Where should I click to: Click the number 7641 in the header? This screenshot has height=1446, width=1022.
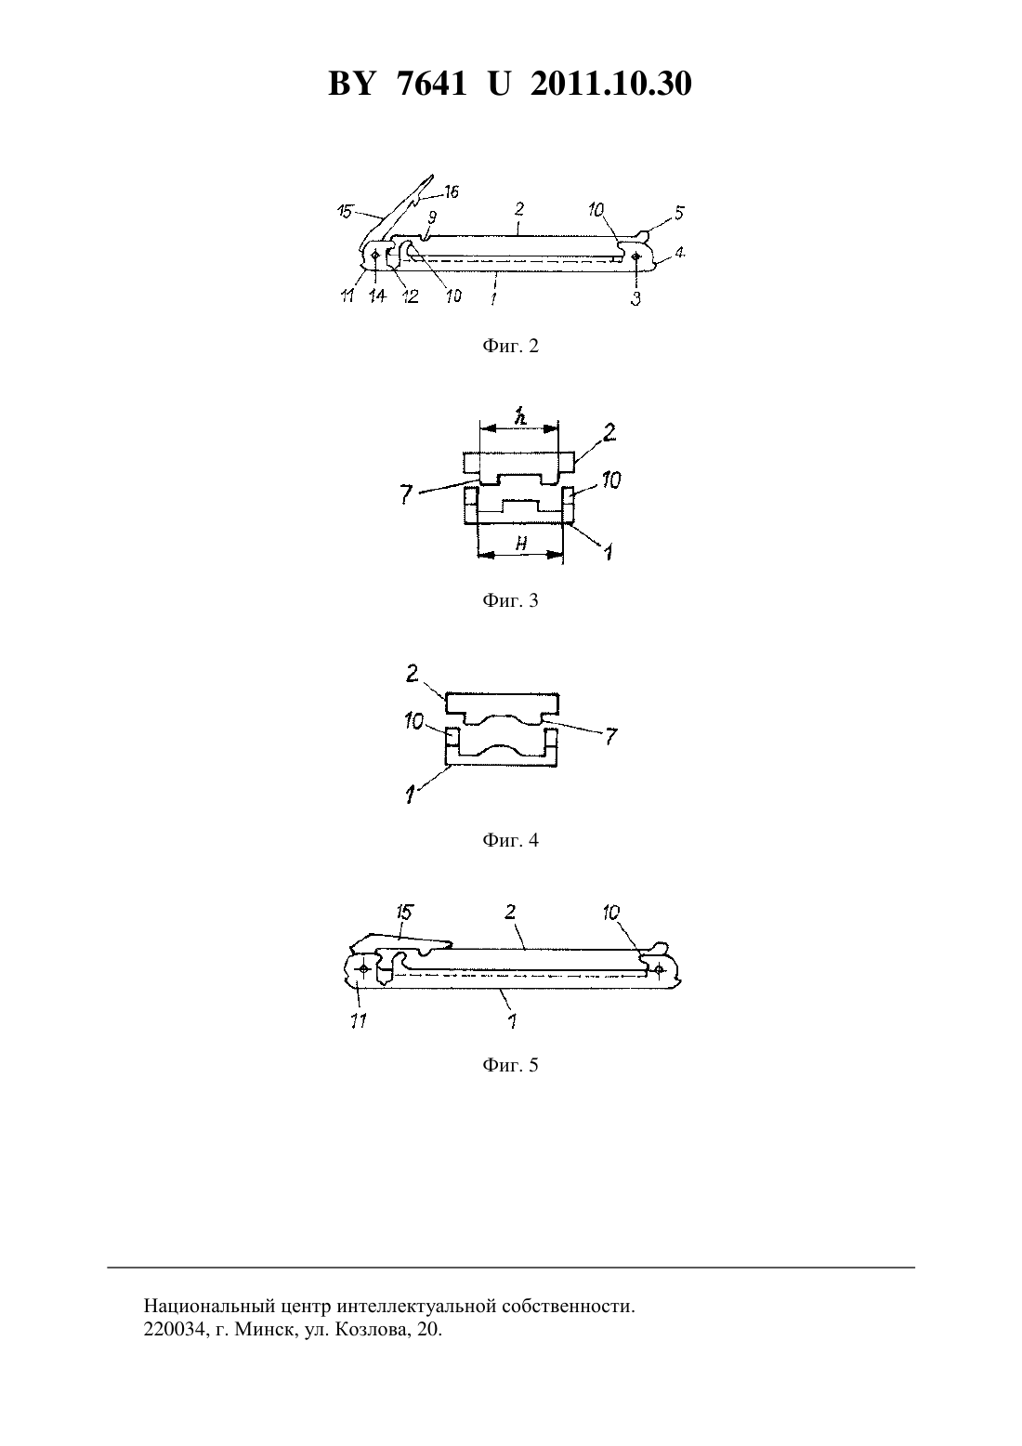(x=432, y=84)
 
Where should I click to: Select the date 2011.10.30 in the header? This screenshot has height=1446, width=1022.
(x=611, y=84)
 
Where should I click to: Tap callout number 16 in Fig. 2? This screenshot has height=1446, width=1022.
(x=451, y=191)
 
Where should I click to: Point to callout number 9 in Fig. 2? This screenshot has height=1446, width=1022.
(x=432, y=217)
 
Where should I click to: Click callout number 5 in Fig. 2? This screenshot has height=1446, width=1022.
(x=679, y=213)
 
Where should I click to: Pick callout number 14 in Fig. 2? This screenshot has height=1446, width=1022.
(x=377, y=296)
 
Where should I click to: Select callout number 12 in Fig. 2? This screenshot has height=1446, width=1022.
(x=411, y=296)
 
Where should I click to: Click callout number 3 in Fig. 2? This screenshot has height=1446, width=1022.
(x=635, y=299)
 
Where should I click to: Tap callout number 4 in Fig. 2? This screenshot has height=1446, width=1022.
(x=680, y=253)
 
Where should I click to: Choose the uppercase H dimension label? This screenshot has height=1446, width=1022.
(x=521, y=544)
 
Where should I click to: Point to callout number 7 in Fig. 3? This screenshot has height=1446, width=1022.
(x=406, y=494)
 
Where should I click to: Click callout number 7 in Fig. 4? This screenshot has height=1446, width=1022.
(x=611, y=735)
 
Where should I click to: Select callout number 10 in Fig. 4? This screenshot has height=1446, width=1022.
(x=413, y=720)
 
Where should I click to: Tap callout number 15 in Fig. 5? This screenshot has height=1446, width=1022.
(x=404, y=913)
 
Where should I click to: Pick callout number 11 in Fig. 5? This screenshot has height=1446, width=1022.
(x=358, y=1020)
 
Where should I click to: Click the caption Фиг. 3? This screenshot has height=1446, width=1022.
(x=510, y=601)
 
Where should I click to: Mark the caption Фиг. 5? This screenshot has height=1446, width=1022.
(x=510, y=1065)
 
